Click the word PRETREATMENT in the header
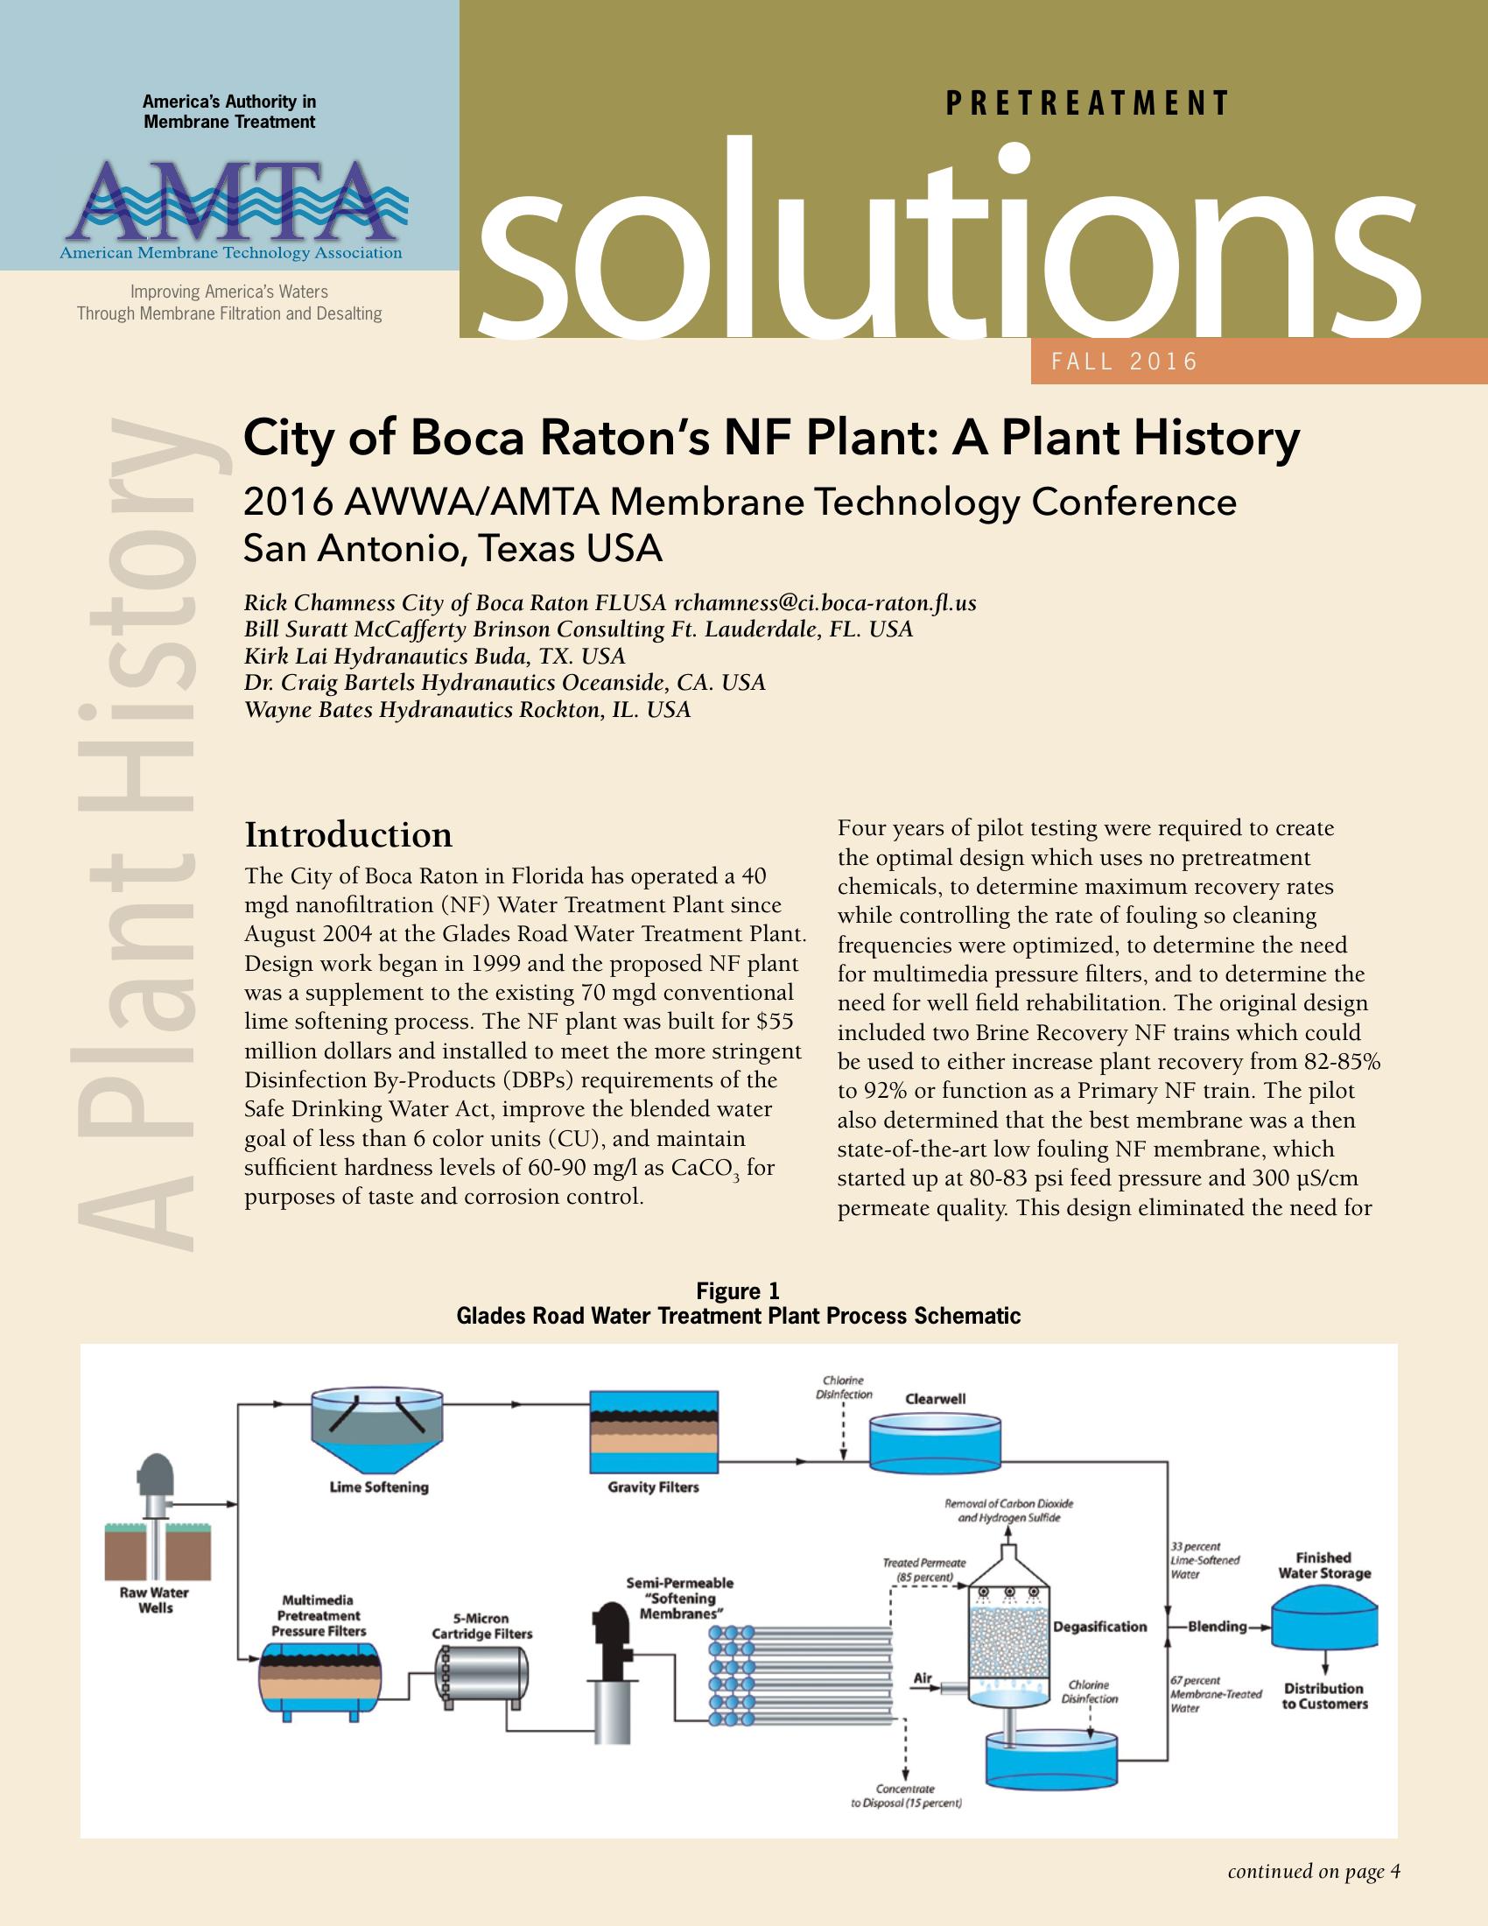click(x=1087, y=104)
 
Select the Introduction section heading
click(x=348, y=834)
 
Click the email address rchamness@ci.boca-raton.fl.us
click(x=825, y=603)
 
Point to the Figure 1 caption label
click(x=738, y=1291)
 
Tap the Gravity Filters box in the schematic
click(x=653, y=1432)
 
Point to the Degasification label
click(x=1100, y=1627)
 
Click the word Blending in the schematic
click(x=1217, y=1627)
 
